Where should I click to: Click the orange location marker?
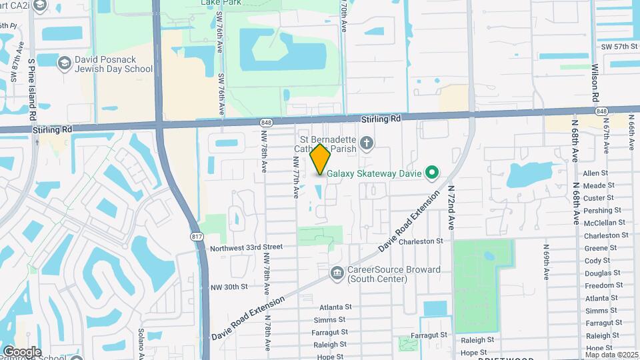(x=320, y=159)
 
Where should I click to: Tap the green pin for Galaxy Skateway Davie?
(x=431, y=173)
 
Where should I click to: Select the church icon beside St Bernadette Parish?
(x=366, y=142)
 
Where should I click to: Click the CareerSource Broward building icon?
(x=337, y=273)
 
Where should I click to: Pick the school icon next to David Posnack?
(x=65, y=63)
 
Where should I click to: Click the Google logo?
(x=22, y=352)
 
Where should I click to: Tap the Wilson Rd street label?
(x=595, y=83)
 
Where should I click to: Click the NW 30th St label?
(x=230, y=287)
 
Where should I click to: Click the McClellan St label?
(x=604, y=223)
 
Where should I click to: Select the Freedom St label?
(x=603, y=285)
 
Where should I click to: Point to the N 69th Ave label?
(x=546, y=260)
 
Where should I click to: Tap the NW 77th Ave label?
(x=295, y=177)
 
